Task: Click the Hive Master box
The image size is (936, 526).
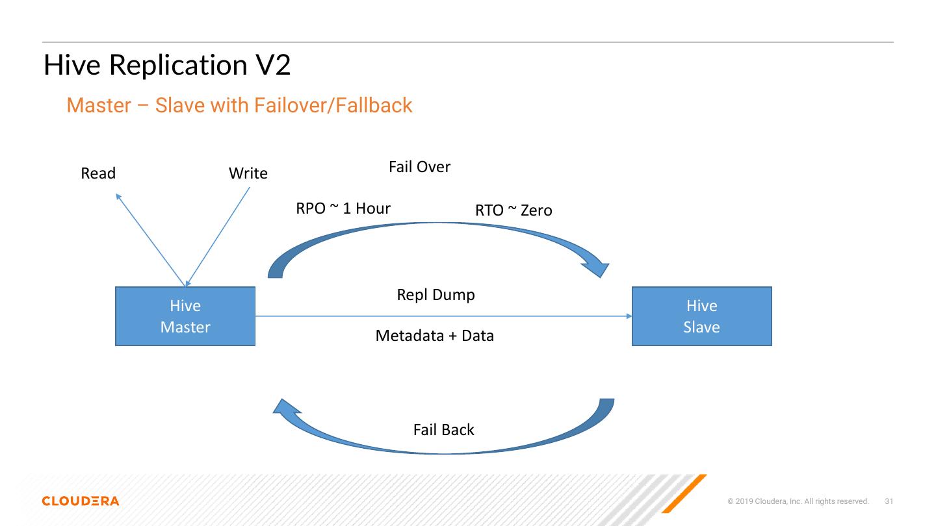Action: coord(185,316)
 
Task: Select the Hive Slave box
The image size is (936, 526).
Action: coord(701,316)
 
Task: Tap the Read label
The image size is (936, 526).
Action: coord(98,173)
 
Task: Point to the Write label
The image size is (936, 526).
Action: coord(248,173)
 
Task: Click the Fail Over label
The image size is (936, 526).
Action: coord(419,167)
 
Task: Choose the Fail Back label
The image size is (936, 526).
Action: coord(444,430)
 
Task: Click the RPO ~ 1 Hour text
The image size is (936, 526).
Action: coord(343,208)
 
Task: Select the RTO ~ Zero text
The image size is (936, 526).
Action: coord(513,210)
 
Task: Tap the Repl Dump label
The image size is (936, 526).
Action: coord(435,295)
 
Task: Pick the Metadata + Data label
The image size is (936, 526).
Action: coord(435,336)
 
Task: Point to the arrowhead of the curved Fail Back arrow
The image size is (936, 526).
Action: coord(286,407)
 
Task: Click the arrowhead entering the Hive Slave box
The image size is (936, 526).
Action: coord(629,316)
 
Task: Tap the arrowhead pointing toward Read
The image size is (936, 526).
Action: coord(118,196)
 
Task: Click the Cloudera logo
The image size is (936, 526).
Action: coord(81,501)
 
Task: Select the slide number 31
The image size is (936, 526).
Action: coord(889,501)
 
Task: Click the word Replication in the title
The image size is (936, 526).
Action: coord(178,66)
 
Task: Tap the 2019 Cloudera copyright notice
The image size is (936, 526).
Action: coord(798,501)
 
